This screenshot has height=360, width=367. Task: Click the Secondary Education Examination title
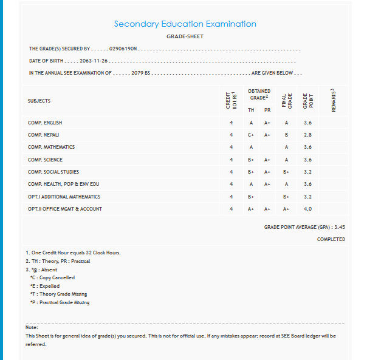click(185, 24)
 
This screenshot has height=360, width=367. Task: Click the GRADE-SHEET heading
click(185, 36)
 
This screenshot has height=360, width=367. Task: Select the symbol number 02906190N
click(125, 49)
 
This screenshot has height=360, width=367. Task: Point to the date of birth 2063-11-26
click(94, 61)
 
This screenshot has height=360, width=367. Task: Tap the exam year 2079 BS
click(140, 73)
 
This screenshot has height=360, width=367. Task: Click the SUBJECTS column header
click(39, 101)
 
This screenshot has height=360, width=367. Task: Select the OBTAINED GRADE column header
click(259, 94)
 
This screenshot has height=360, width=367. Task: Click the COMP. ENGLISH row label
click(45, 123)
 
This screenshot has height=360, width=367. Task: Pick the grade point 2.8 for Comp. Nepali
click(307, 135)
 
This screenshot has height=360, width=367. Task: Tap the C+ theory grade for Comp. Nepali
click(251, 135)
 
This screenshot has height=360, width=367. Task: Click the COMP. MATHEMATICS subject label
click(51, 147)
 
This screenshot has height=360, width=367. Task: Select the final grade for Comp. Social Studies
click(286, 172)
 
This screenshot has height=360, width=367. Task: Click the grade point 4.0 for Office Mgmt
click(307, 209)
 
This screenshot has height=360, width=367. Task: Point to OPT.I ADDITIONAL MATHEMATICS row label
click(64, 197)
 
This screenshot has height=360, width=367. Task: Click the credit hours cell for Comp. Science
click(231, 160)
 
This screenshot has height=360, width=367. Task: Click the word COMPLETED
click(331, 239)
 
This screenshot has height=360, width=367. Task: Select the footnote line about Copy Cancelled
click(52, 277)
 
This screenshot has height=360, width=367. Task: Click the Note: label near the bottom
click(32, 328)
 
